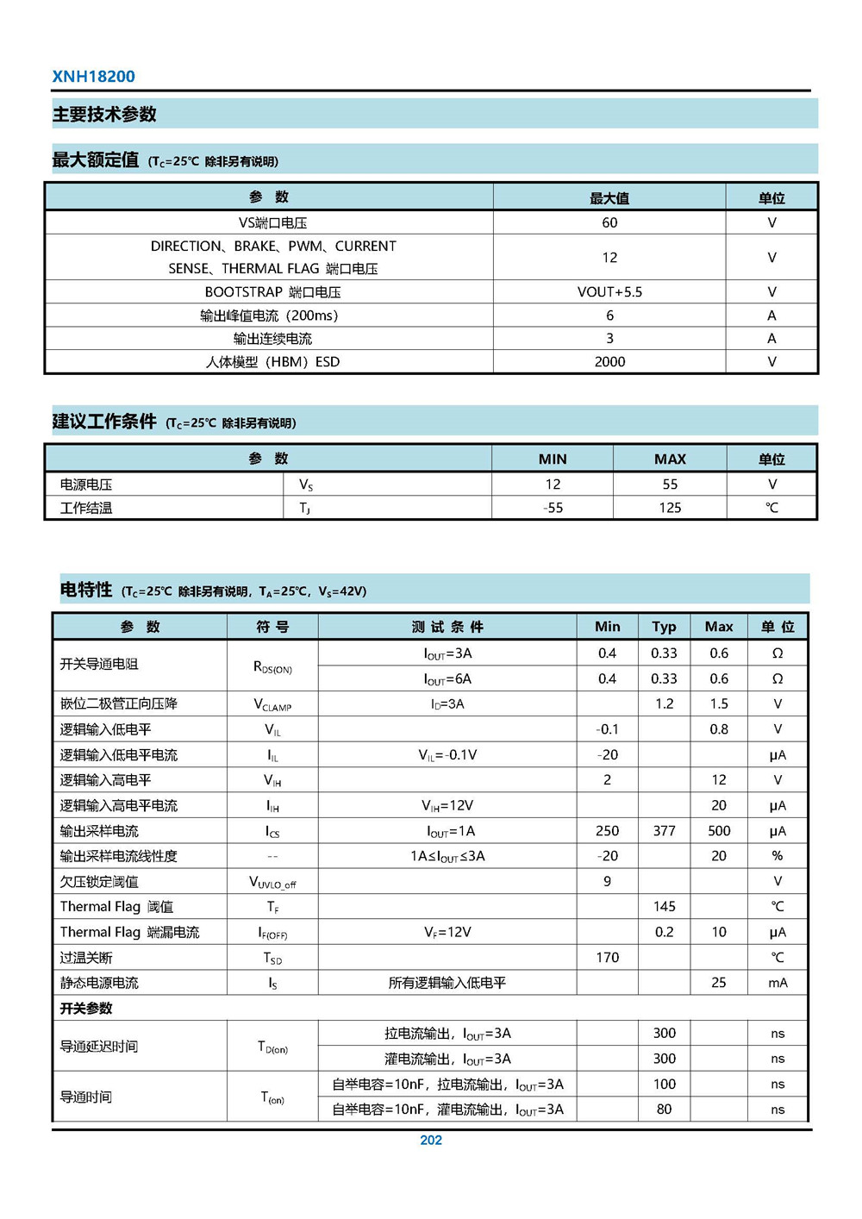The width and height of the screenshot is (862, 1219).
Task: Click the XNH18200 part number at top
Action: point(93,76)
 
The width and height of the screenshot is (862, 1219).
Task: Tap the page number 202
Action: point(430,1140)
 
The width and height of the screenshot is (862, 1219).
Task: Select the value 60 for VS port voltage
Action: point(609,222)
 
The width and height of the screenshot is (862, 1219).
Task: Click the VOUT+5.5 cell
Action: point(609,292)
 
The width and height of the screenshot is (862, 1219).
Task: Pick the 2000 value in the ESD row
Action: point(609,362)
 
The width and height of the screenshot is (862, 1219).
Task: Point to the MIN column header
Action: point(553,459)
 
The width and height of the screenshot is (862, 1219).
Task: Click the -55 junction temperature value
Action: point(553,508)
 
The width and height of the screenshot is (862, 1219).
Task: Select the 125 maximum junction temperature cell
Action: point(670,508)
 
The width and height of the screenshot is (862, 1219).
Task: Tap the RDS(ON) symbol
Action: point(272,666)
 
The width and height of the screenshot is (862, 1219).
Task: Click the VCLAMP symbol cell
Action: point(272,704)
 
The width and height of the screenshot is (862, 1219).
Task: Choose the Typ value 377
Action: point(664,831)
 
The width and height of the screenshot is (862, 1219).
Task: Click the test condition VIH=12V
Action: point(447,805)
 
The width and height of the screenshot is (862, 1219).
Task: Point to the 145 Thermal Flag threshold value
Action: point(664,907)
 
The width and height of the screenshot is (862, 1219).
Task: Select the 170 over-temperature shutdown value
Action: point(607,958)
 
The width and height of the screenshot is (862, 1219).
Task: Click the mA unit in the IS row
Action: point(778,983)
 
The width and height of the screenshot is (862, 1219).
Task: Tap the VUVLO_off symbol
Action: point(272,882)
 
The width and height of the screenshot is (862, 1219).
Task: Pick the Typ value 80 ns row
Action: point(664,1110)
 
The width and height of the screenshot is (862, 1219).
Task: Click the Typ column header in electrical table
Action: point(664,627)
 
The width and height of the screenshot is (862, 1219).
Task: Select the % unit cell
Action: point(778,856)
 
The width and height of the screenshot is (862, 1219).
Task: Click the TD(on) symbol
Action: point(272,1047)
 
